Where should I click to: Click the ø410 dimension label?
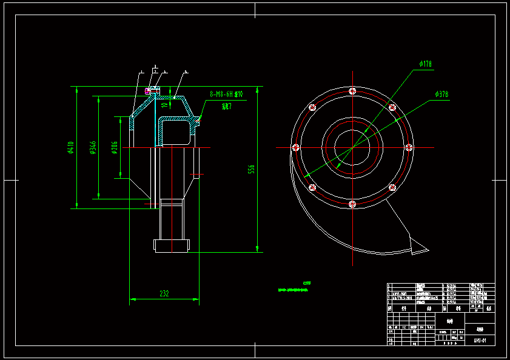tap(71, 147)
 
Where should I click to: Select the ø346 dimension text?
tap(93, 147)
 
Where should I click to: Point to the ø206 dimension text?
tap(115, 147)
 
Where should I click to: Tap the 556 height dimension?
tap(252, 169)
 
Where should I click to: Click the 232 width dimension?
tap(164, 293)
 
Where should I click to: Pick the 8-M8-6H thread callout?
tap(226, 94)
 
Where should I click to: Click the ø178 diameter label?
tap(425, 64)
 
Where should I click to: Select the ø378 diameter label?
tap(441, 94)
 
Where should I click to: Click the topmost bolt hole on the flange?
tap(352, 92)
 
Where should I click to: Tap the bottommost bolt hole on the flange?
tap(352, 203)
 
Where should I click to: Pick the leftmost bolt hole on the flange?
tap(297, 147)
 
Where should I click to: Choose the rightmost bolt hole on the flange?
tap(408, 147)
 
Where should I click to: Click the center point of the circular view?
tap(352, 147)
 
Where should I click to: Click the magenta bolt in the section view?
tap(147, 91)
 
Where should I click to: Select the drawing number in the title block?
tap(480, 341)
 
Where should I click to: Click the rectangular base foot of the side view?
tap(173, 245)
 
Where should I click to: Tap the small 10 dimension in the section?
tap(164, 104)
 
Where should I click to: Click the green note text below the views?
tap(293, 290)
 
